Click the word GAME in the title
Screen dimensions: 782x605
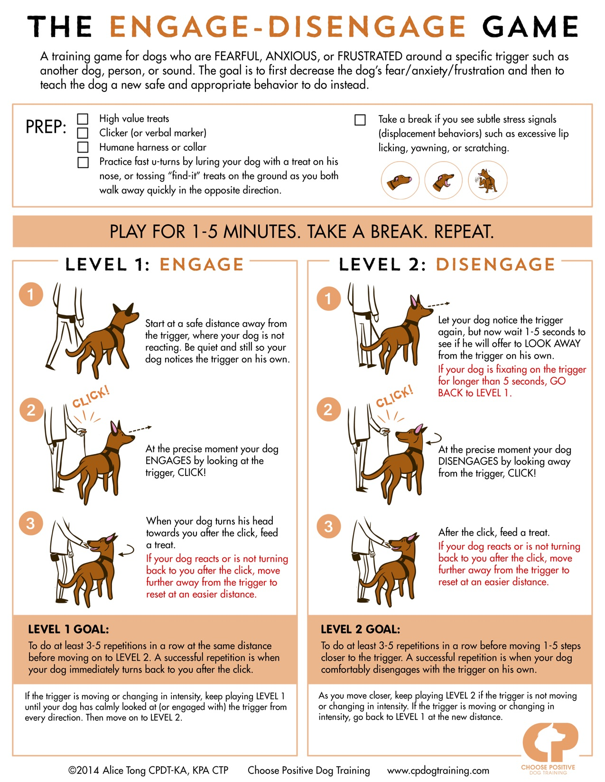click(x=531, y=27)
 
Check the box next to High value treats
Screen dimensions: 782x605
click(x=83, y=118)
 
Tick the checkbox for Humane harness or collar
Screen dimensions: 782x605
click(x=83, y=147)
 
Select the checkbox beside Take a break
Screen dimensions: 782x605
click(x=360, y=119)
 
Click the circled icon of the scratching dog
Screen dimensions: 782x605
click(x=487, y=180)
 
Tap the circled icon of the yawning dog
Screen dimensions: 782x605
click(x=444, y=180)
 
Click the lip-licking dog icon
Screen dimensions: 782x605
click(x=400, y=180)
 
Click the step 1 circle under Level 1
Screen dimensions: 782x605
click(x=31, y=294)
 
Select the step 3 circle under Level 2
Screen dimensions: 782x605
click(x=328, y=527)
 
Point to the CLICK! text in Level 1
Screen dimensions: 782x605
click(x=91, y=396)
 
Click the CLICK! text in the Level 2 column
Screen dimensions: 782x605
click(x=394, y=396)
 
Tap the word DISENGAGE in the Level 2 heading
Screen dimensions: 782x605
click(x=495, y=264)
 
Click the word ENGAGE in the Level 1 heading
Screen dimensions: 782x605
click(x=201, y=264)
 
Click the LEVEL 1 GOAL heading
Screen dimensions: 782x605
click(x=68, y=629)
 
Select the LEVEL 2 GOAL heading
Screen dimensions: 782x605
click(x=360, y=629)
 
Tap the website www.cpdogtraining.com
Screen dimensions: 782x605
click(x=437, y=771)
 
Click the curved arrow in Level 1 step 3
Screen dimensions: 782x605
click(x=127, y=550)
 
